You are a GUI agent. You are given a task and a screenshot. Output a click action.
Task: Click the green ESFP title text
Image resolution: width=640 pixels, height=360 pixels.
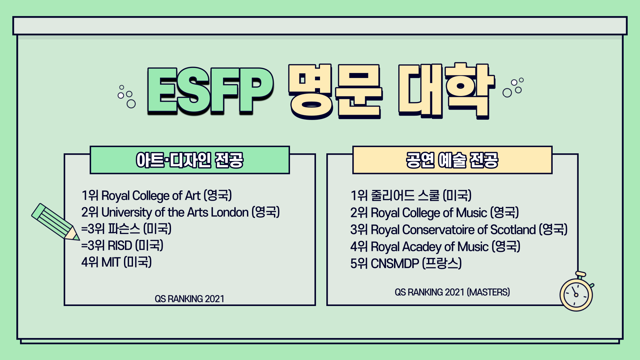point(210,91)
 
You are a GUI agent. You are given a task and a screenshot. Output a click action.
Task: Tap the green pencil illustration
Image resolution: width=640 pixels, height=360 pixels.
point(55,222)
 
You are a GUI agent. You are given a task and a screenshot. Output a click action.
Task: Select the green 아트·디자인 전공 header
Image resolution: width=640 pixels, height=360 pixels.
point(190,160)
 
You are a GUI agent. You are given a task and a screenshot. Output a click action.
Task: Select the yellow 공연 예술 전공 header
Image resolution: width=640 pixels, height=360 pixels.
point(452,160)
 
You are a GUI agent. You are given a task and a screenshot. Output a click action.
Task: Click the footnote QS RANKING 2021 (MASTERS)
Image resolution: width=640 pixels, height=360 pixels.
point(452,292)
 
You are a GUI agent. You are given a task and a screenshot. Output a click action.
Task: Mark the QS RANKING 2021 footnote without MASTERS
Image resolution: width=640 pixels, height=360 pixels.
point(189,299)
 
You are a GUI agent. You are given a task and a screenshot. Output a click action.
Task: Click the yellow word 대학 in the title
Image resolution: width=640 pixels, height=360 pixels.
point(446,91)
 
